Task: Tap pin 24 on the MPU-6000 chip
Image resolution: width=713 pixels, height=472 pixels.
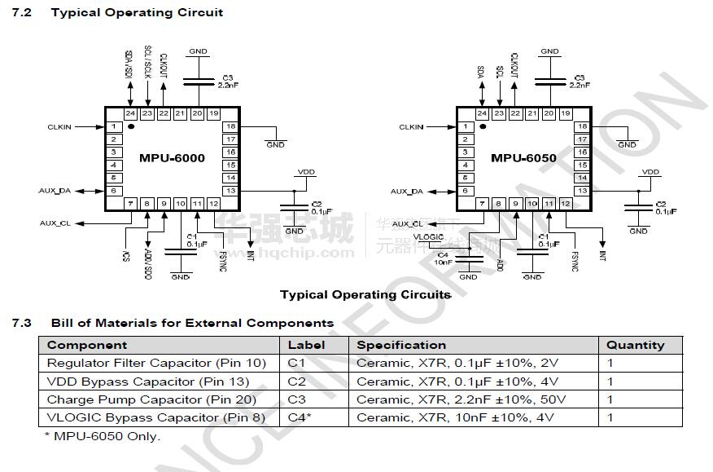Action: pos(130,113)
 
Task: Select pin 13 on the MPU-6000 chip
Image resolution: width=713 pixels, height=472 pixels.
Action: pos(231,191)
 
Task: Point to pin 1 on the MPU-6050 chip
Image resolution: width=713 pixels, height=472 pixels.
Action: pos(466,126)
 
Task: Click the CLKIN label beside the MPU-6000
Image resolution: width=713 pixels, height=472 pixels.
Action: pos(59,127)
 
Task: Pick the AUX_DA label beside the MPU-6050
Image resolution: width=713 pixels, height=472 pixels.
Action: pos(406,192)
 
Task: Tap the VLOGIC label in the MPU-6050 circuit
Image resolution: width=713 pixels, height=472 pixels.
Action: pos(428,236)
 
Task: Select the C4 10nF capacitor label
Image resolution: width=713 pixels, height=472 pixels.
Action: pos(442,258)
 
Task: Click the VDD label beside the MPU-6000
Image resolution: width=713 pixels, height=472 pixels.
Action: pos(306,172)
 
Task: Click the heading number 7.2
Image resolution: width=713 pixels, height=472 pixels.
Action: pos(21,12)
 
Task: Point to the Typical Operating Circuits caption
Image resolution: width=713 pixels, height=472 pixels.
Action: pos(365,294)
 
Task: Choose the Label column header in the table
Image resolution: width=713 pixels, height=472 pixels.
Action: pos(306,345)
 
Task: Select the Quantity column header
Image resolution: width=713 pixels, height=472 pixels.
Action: pos(635,345)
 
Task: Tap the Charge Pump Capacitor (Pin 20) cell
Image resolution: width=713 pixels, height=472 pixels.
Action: pos(151,399)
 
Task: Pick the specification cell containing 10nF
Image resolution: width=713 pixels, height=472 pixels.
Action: pos(455,417)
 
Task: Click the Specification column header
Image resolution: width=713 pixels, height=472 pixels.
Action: pos(401,345)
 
